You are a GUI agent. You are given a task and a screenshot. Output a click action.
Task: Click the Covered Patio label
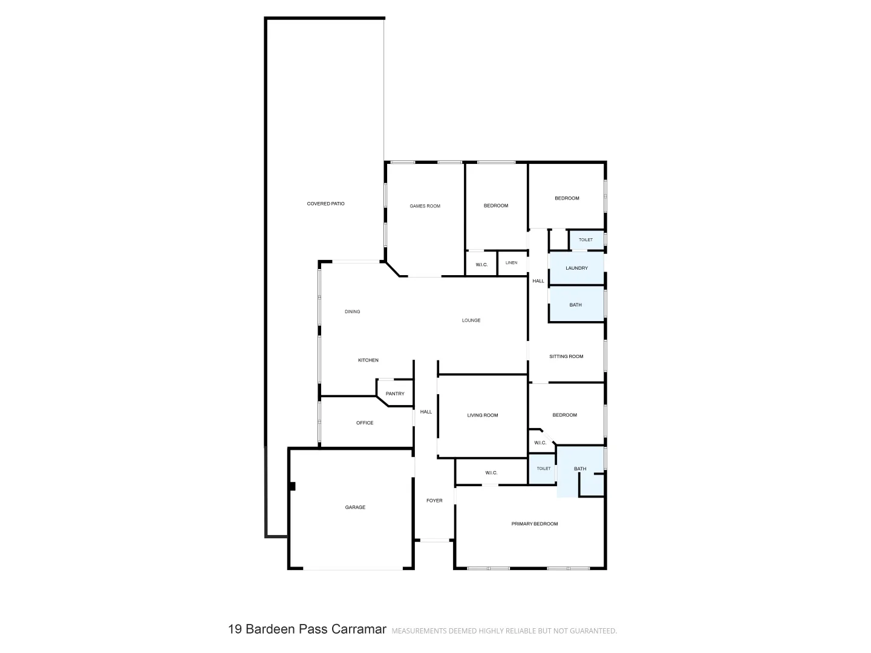pyautogui.click(x=325, y=204)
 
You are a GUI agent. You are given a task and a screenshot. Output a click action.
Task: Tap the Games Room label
pyautogui.click(x=425, y=206)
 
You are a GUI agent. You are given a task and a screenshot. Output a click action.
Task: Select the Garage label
pyautogui.click(x=355, y=507)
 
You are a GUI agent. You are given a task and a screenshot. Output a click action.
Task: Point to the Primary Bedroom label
pyautogui.click(x=534, y=524)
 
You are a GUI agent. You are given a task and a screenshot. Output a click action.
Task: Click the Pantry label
pyautogui.click(x=395, y=394)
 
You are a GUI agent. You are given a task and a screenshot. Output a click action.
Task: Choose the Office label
pyautogui.click(x=365, y=423)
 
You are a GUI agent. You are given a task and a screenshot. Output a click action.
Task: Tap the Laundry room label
pyautogui.click(x=576, y=268)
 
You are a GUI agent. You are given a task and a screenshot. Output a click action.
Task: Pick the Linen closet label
pyautogui.click(x=511, y=263)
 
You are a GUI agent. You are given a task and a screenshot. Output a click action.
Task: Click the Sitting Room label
pyautogui.click(x=566, y=356)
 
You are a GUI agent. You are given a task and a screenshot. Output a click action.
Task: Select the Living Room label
pyautogui.click(x=482, y=415)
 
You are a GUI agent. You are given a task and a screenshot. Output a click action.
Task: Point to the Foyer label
pyautogui.click(x=434, y=501)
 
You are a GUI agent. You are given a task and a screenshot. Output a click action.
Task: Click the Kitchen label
pyautogui.click(x=368, y=360)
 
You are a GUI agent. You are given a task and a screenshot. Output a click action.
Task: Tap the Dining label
pyautogui.click(x=352, y=312)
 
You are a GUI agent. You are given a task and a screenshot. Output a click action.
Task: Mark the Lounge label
pyautogui.click(x=471, y=320)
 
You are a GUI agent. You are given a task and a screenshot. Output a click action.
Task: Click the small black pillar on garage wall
pyautogui.click(x=292, y=486)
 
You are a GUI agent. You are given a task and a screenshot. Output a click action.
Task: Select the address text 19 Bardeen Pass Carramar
pyautogui.click(x=307, y=629)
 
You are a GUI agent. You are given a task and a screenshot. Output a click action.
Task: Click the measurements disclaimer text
pyautogui.click(x=504, y=631)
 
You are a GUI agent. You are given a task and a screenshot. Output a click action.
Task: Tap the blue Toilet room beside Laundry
pyautogui.click(x=586, y=240)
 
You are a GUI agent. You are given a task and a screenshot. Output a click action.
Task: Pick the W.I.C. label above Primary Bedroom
pyautogui.click(x=491, y=473)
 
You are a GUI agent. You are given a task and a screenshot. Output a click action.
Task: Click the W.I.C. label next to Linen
pyautogui.click(x=481, y=265)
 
